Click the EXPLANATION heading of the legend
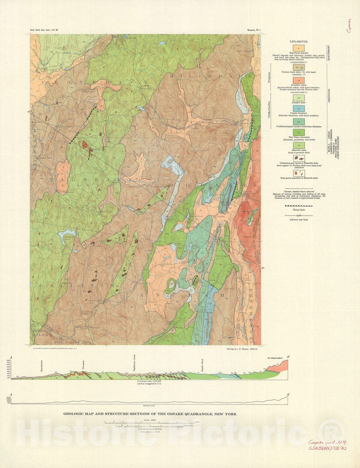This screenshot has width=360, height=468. pos(299,42)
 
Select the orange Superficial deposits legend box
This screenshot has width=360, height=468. pos(299,47)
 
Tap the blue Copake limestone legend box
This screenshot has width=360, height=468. pos(299,108)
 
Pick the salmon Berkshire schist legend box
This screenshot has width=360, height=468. pos(299,80)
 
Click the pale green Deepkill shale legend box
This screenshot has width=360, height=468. pos(299,98)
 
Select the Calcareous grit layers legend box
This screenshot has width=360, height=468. pos(299,158)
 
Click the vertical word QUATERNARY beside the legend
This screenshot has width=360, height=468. pos(329,53)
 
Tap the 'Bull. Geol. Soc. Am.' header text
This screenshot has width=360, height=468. pos(45,31)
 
